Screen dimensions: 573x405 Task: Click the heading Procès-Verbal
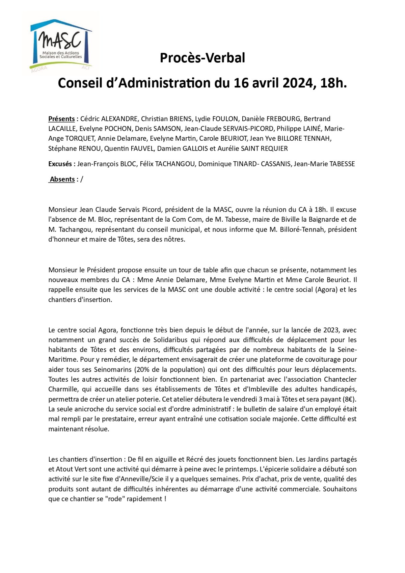pos(202,58)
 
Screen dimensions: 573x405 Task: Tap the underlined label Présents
pos(61,119)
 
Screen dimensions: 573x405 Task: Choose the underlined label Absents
pos(62,179)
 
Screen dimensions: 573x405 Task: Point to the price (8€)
pos(349,399)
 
